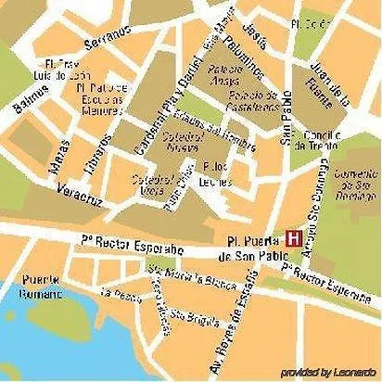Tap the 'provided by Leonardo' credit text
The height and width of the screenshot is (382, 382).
[329, 372]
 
